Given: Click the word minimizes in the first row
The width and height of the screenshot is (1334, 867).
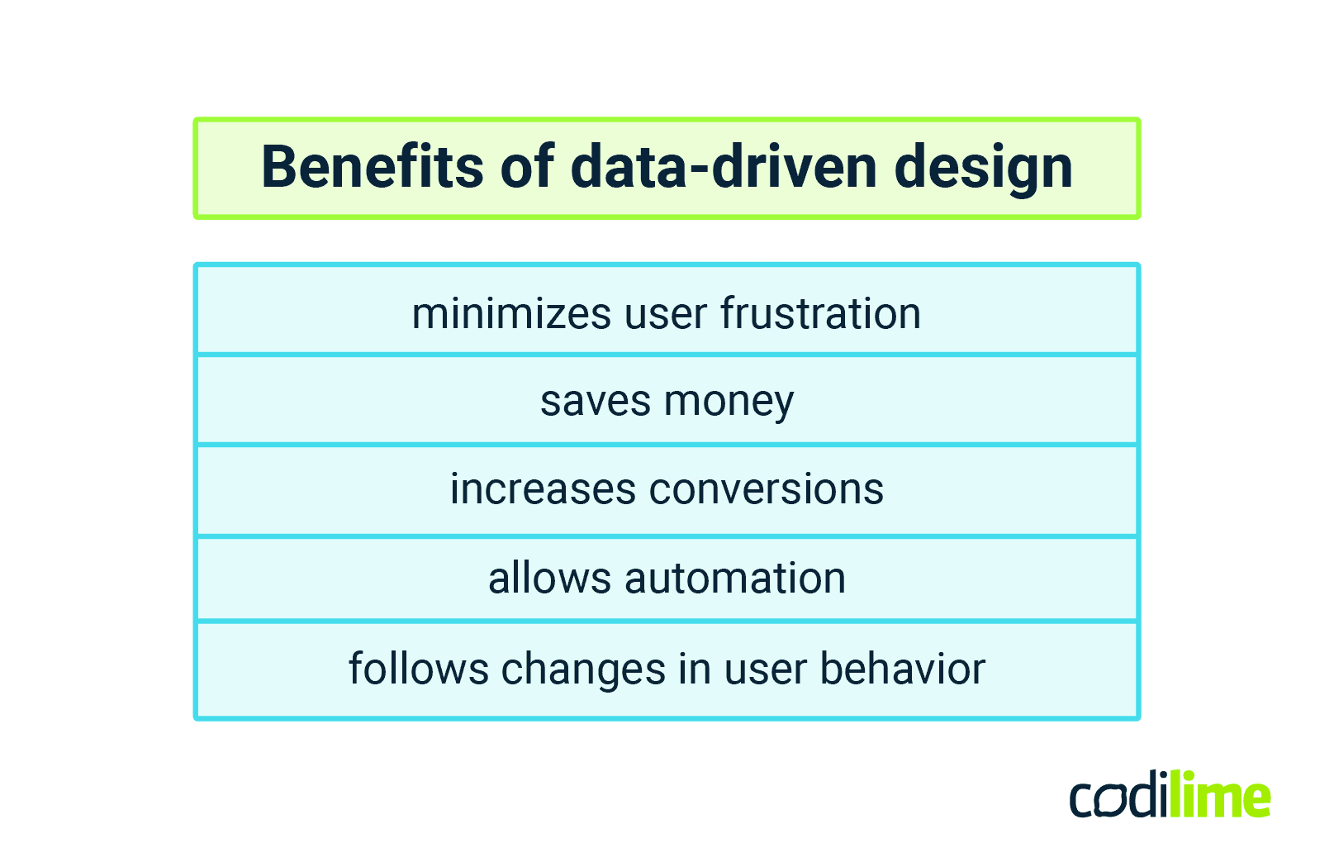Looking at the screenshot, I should [x=512, y=314].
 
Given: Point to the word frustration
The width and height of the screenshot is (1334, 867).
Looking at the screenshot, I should [x=820, y=314].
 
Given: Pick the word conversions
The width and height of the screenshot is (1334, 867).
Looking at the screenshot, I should [x=767, y=489].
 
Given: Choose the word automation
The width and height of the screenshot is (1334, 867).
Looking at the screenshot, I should [x=735, y=578].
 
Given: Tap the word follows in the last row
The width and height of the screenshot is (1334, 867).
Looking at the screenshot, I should [x=419, y=669].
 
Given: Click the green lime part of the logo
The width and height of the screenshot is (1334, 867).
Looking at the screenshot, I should [x=1221, y=796].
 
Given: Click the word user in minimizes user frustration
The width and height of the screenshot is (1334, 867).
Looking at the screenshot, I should [x=666, y=315].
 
